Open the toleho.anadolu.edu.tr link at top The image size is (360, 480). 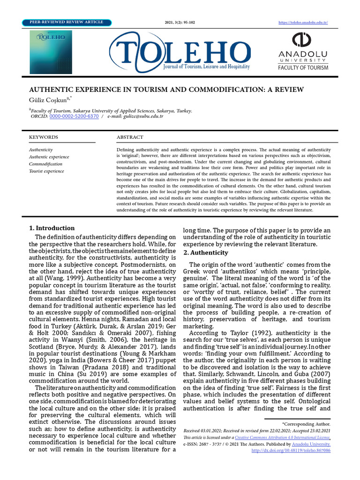[303, 22]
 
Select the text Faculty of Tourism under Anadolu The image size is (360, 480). [303, 67]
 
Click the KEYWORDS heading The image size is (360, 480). [44, 137]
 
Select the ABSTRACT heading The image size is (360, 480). [130, 137]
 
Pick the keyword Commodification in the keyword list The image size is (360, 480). [45, 164]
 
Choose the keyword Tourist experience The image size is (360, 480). [46, 171]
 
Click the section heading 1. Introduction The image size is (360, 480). [52, 228]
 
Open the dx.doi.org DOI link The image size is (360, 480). [291, 450]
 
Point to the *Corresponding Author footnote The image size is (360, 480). [306, 424]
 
